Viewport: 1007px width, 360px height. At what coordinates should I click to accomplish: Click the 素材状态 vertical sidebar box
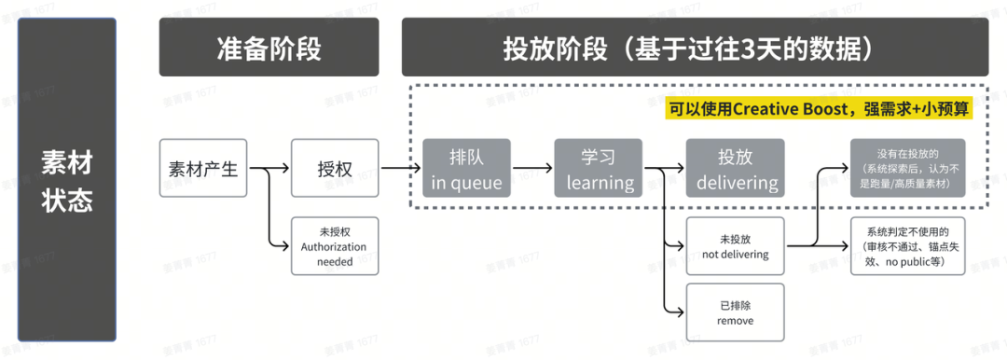click(67, 178)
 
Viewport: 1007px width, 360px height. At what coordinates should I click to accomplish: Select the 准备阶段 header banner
click(269, 47)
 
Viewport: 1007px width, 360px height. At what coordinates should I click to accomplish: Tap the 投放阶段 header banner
click(695, 47)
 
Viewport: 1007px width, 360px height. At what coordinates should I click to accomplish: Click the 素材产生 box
click(203, 168)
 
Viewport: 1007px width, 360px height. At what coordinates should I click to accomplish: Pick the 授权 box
click(335, 168)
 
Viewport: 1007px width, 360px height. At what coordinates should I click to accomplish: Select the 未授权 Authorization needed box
click(335, 246)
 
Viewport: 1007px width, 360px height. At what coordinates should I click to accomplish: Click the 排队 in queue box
click(466, 168)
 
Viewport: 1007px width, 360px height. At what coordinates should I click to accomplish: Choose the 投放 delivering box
click(735, 168)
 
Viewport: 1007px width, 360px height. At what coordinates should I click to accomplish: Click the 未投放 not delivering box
click(735, 246)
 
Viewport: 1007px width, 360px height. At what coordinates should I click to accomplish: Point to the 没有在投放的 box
click(906, 168)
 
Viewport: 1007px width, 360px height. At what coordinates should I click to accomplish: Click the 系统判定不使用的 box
click(906, 246)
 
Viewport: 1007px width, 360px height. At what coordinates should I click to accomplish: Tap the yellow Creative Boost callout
click(819, 109)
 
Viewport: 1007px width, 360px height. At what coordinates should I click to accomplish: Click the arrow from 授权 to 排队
click(399, 169)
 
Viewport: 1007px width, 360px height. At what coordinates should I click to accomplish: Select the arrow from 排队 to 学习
click(531, 169)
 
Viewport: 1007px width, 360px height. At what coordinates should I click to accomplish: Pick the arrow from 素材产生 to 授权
click(269, 169)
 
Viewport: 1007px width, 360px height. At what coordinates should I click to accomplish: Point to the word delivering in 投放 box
click(736, 182)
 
